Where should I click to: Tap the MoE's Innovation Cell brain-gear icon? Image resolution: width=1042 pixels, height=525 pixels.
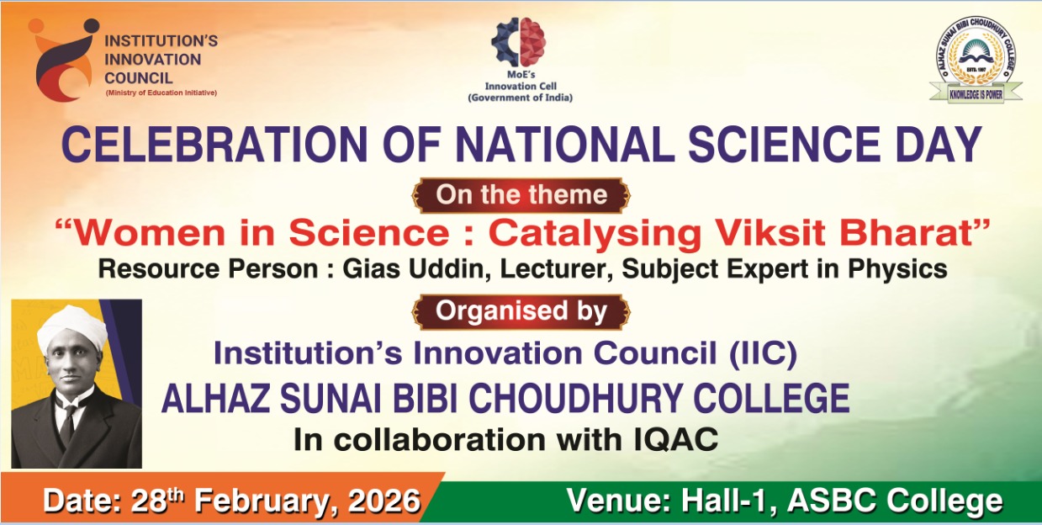pyautogui.click(x=519, y=42)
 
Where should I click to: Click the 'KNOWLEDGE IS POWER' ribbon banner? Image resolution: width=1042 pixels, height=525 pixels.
pyautogui.click(x=976, y=94)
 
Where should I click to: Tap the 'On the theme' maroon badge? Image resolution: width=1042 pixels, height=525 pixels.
pyautogui.click(x=521, y=195)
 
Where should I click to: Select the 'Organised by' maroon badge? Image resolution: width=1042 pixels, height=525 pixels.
pyautogui.click(x=521, y=311)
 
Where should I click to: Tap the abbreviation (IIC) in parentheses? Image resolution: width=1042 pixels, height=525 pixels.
pyautogui.click(x=764, y=353)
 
